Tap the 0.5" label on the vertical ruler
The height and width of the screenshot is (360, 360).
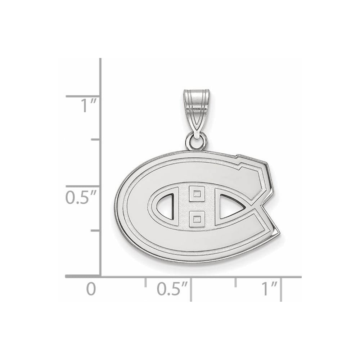click(x=81, y=197)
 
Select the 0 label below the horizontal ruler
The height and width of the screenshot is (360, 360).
click(x=91, y=289)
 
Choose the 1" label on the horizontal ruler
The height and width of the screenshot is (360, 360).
click(x=269, y=289)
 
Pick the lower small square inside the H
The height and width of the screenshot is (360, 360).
click(x=197, y=217)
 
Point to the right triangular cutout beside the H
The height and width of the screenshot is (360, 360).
click(x=230, y=207)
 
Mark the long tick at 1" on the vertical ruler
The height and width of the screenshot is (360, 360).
click(x=83, y=96)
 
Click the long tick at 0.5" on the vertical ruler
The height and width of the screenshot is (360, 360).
click(x=83, y=186)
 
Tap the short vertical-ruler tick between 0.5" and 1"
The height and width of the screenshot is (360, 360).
click(x=95, y=139)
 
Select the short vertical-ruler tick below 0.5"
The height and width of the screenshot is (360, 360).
click(x=95, y=230)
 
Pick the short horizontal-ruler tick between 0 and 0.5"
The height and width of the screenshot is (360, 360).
click(x=145, y=282)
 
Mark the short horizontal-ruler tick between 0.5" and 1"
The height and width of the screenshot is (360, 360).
click(x=236, y=282)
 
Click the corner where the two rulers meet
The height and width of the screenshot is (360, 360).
click(x=100, y=276)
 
